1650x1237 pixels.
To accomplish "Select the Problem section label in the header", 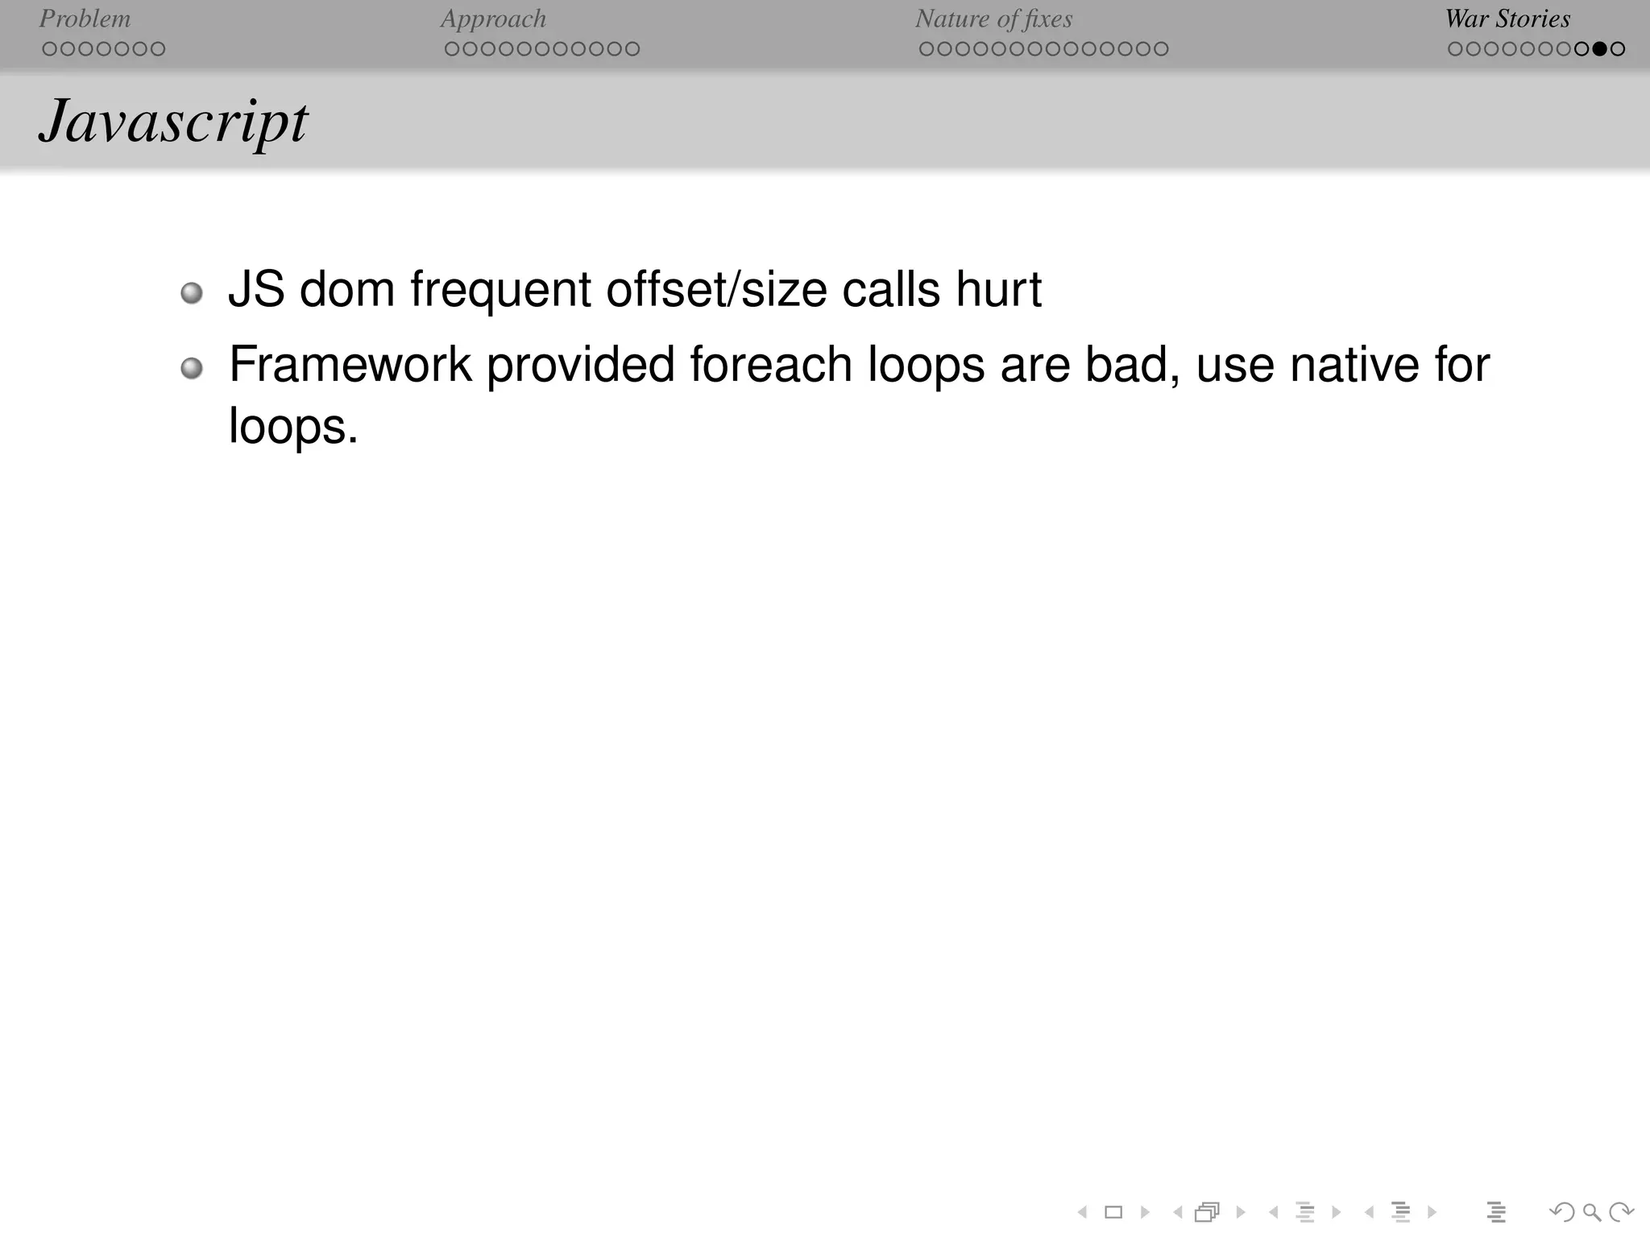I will tap(85, 19).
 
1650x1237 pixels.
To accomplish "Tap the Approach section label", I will tap(493, 19).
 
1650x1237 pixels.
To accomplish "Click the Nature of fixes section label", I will tap(993, 19).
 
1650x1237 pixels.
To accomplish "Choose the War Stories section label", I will tap(1507, 19).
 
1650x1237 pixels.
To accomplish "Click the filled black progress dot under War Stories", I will tap(1599, 49).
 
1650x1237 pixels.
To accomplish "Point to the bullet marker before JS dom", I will tap(192, 292).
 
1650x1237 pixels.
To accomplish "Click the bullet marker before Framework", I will tap(192, 369).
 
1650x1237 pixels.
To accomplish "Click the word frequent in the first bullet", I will tap(500, 289).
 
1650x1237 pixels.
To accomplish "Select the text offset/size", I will tap(716, 289).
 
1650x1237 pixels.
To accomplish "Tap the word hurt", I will tap(998, 289).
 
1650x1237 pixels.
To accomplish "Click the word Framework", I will tap(350, 365).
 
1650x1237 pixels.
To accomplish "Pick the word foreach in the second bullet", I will tap(771, 365).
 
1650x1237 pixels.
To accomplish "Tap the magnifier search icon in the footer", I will tap(1591, 1211).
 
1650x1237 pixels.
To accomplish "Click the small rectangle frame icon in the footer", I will tap(1113, 1212).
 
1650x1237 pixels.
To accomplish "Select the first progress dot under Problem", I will tap(49, 49).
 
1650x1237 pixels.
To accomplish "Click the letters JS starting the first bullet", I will tap(256, 289).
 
